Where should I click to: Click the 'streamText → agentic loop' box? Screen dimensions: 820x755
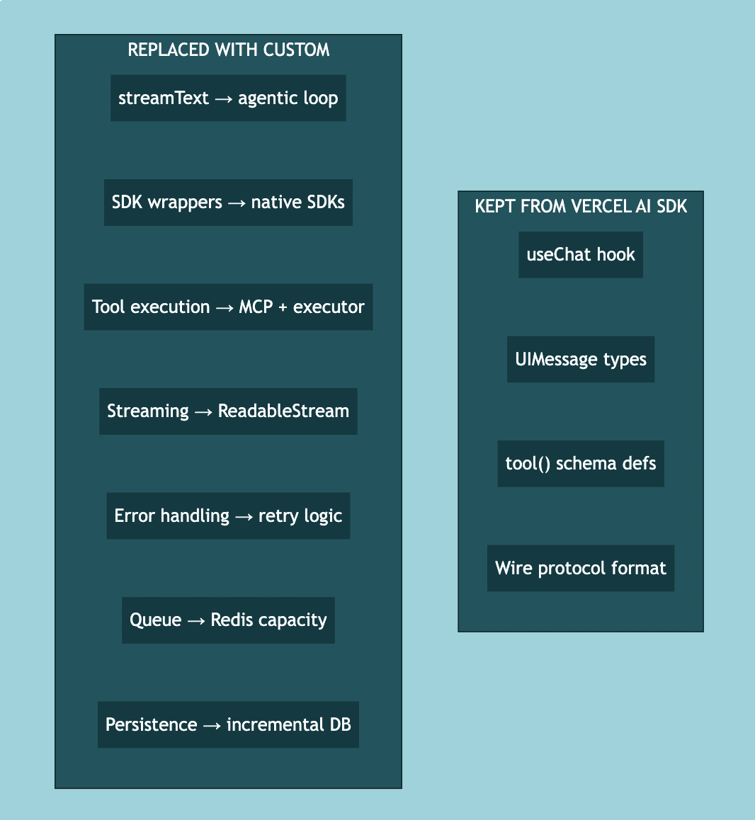click(228, 98)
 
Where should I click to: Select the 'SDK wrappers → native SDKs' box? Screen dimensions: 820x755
click(228, 203)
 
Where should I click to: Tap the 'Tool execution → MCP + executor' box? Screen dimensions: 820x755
click(228, 307)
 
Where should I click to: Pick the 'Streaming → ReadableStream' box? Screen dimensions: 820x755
click(228, 411)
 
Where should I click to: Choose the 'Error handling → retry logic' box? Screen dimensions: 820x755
click(228, 516)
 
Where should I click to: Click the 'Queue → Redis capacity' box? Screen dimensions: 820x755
click(228, 620)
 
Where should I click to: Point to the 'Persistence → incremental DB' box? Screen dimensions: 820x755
click(228, 724)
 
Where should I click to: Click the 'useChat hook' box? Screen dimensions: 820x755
click(581, 255)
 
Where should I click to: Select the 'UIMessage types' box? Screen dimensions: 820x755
click(581, 359)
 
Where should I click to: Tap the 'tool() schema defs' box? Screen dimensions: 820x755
click(581, 464)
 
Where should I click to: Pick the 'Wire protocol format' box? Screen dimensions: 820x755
click(581, 568)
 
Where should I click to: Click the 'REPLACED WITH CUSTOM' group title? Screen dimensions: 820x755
click(228, 50)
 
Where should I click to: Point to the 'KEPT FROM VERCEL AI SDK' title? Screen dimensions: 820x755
click(581, 206)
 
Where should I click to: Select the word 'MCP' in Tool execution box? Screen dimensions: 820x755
click(256, 307)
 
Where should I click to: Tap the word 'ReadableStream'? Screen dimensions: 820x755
click(283, 411)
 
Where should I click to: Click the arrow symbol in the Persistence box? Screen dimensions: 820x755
click(212, 725)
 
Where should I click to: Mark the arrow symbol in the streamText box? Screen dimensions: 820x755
click(223, 98)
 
